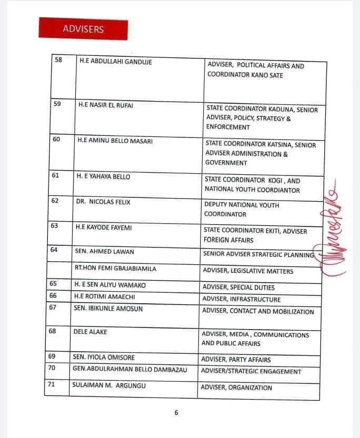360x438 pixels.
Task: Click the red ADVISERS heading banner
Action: [x=83, y=29]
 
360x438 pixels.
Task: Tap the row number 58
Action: [x=58, y=60]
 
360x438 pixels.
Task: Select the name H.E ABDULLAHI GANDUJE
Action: [x=113, y=61]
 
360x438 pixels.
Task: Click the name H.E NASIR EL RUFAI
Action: [x=106, y=105]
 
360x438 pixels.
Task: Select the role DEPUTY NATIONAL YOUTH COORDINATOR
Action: [x=242, y=210]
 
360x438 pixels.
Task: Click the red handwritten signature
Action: [x=334, y=232]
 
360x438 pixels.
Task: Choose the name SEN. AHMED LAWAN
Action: [x=104, y=251]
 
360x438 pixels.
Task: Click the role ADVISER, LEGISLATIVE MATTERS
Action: [x=248, y=271]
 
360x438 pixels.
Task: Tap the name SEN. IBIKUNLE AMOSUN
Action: [x=108, y=308]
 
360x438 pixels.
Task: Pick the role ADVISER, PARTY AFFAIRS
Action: [x=236, y=360]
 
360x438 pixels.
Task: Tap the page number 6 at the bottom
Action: [x=176, y=413]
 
